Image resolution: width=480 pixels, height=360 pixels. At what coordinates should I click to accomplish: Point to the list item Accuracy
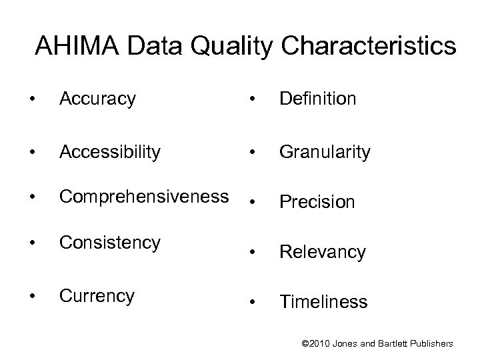pos(97,99)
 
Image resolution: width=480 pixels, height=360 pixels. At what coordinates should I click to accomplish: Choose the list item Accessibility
pos(110,152)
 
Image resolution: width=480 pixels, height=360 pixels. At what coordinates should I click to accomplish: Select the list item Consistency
pos(109,242)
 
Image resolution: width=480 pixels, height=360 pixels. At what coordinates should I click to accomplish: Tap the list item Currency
pos(97,295)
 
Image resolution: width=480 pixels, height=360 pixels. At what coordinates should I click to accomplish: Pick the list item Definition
pos(318,99)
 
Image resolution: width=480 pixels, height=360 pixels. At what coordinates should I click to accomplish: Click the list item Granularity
pos(325,152)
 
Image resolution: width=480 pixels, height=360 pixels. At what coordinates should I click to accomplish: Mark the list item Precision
pos(317,201)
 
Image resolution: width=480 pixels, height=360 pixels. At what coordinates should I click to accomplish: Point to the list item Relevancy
pos(323,252)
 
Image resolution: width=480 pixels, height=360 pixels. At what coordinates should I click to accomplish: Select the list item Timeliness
pos(323,302)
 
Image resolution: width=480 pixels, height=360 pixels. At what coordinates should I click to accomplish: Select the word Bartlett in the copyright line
pos(393,343)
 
